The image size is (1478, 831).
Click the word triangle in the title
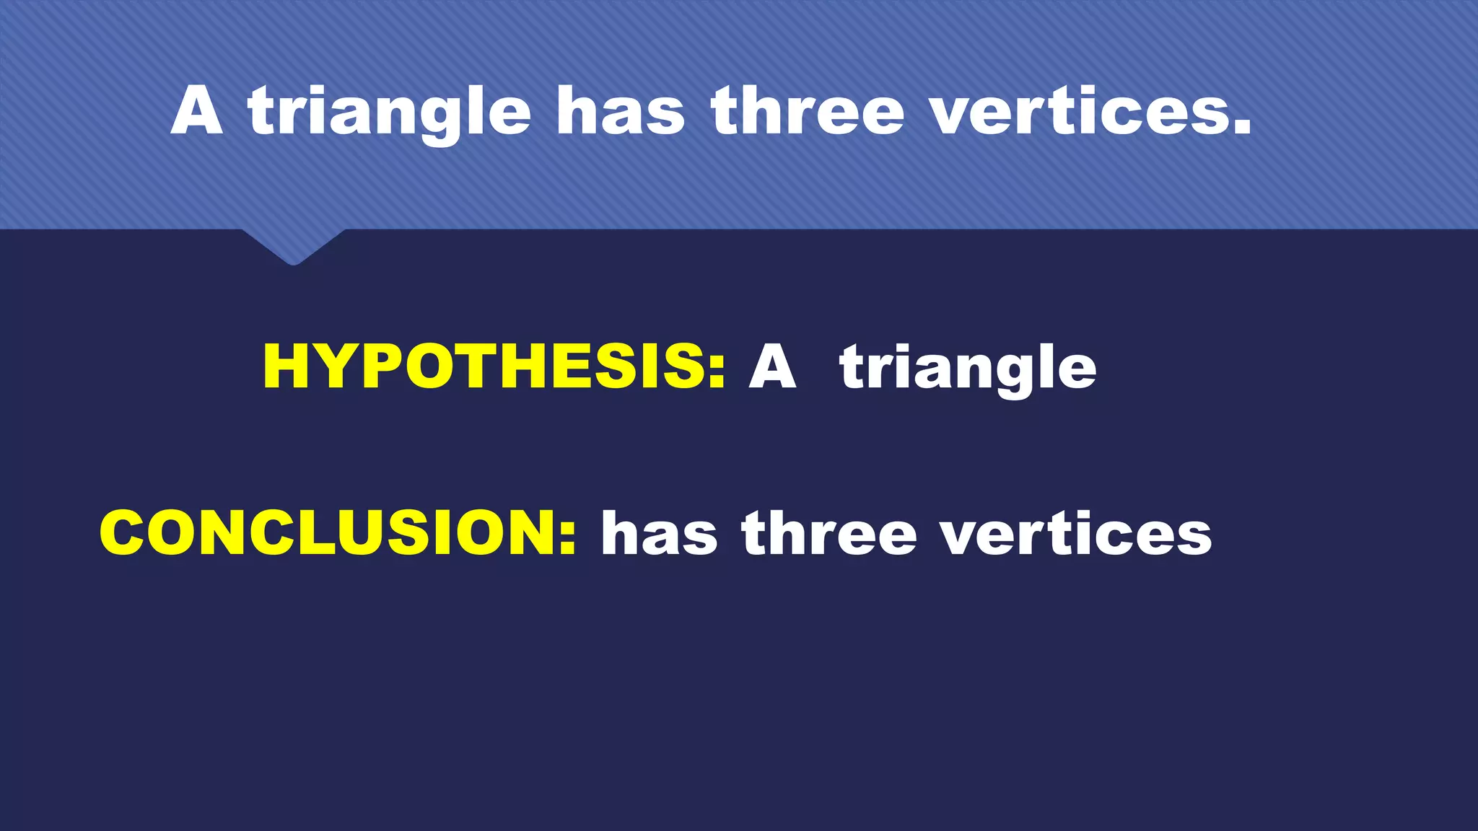389,112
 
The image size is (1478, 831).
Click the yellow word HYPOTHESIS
484,366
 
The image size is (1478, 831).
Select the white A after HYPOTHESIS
772,366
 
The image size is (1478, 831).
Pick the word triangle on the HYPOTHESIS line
968,368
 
